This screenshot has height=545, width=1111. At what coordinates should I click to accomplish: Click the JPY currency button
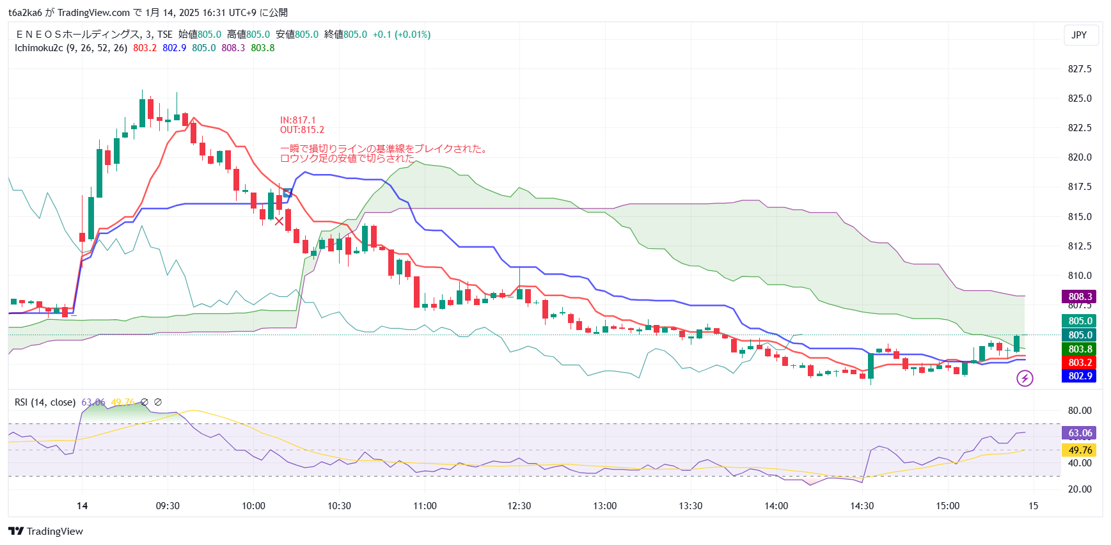pyautogui.click(x=1079, y=35)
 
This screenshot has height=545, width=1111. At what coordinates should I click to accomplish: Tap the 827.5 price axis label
pyautogui.click(x=1080, y=69)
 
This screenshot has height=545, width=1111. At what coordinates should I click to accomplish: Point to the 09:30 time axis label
pyautogui.click(x=168, y=506)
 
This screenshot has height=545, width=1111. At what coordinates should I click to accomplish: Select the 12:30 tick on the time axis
pyautogui.click(x=519, y=506)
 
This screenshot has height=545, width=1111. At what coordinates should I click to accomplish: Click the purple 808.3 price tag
pyautogui.click(x=1080, y=296)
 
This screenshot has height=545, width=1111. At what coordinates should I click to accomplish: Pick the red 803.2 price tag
pyautogui.click(x=1080, y=363)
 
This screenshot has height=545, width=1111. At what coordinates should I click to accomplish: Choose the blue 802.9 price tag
pyautogui.click(x=1080, y=376)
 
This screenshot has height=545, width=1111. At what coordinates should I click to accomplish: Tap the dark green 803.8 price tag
pyautogui.click(x=1080, y=349)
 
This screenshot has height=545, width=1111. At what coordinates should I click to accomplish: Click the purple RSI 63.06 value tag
pyautogui.click(x=1080, y=433)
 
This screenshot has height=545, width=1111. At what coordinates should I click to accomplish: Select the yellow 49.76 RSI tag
pyautogui.click(x=1080, y=450)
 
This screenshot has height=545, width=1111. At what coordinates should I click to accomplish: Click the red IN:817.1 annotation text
pyautogui.click(x=297, y=120)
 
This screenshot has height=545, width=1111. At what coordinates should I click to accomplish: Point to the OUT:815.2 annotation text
pyautogui.click(x=302, y=130)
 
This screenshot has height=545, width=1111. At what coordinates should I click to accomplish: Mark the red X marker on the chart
pyautogui.click(x=279, y=221)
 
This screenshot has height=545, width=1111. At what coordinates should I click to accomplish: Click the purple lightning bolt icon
pyautogui.click(x=1025, y=379)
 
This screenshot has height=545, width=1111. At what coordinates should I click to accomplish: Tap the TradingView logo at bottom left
pyautogui.click(x=46, y=532)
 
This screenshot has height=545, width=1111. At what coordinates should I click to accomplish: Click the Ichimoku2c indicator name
pyautogui.click(x=38, y=48)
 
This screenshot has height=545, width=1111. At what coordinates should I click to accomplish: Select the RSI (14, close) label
pyautogui.click(x=45, y=402)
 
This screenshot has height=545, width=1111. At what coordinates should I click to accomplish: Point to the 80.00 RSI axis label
pyautogui.click(x=1080, y=411)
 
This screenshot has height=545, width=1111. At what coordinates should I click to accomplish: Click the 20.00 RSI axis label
pyautogui.click(x=1080, y=489)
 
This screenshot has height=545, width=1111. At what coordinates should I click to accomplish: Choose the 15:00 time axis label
pyautogui.click(x=947, y=506)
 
